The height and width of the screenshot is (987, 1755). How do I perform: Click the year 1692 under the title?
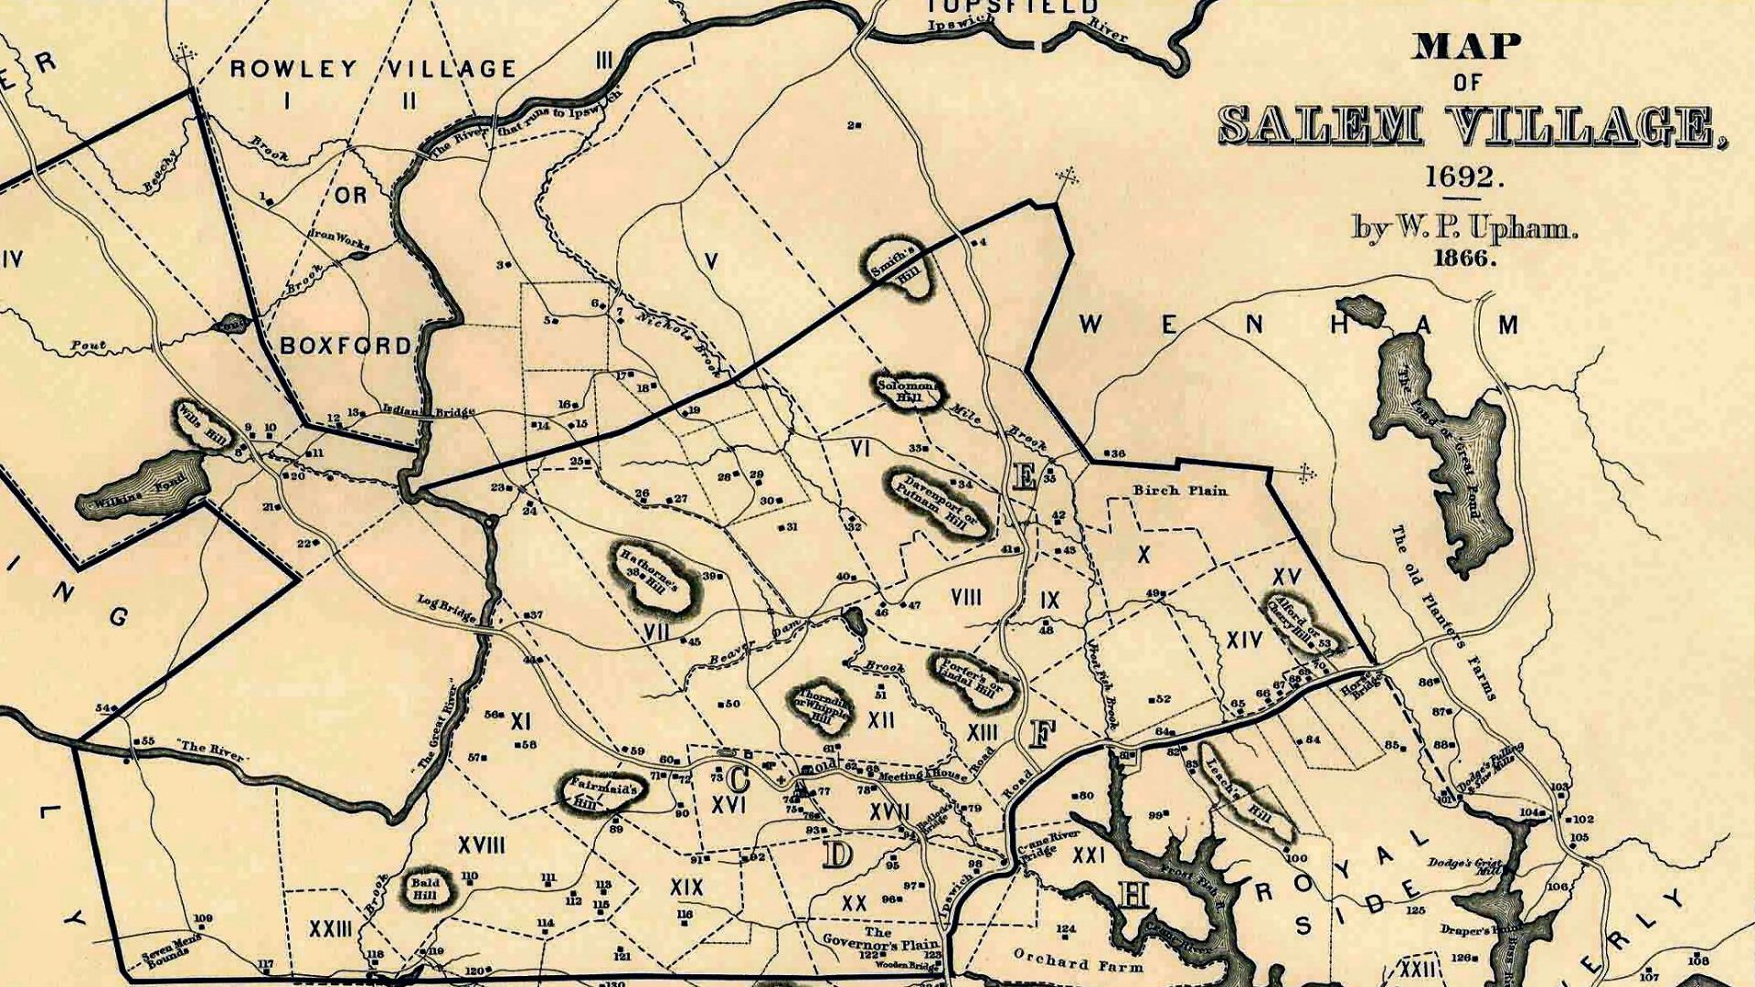pos(1465,175)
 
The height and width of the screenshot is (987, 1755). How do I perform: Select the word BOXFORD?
pos(346,345)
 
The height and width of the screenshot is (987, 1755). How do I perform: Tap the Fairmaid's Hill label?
pos(599,791)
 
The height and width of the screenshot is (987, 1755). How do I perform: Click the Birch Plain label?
pos(1180,491)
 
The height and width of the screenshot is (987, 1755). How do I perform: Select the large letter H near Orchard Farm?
pos(1133,896)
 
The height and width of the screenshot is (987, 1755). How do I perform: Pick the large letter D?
pos(836,854)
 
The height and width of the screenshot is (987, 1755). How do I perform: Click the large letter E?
pos(1025,476)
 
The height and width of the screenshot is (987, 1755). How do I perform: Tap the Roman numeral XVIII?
pos(482,846)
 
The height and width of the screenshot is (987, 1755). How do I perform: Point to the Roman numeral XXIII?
pos(331,929)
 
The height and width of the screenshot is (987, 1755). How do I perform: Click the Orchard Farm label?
pos(1078,960)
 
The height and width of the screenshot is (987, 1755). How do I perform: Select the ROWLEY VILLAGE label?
pos(373,69)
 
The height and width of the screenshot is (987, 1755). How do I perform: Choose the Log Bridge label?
pos(446,609)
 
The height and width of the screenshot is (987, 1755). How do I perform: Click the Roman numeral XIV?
pos(1244,640)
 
